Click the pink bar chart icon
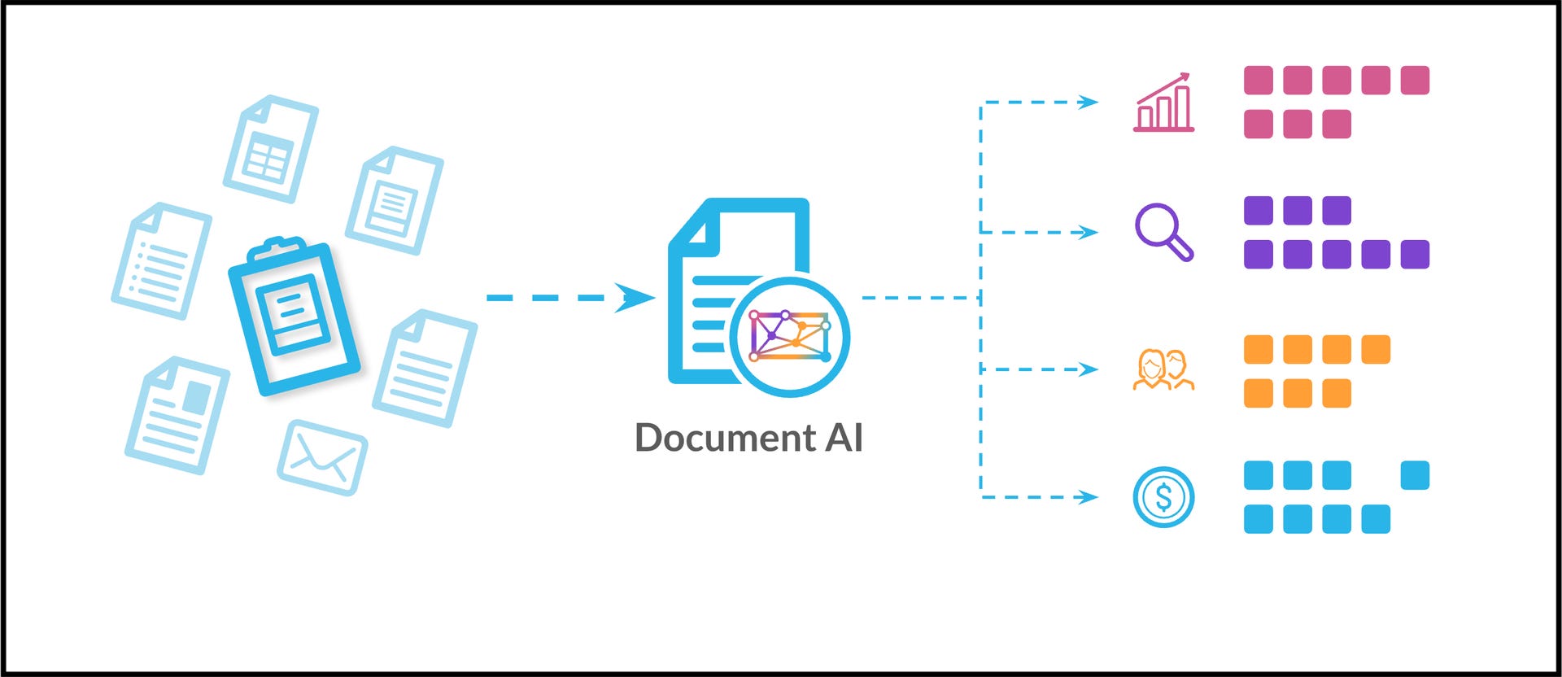point(1164,103)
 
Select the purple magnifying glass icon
point(1163,231)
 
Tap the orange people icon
point(1163,370)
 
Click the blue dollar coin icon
point(1163,496)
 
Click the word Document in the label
point(725,438)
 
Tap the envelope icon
point(322,457)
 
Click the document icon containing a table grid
point(270,149)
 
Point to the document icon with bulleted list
point(161,260)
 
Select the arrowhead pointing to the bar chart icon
point(1088,103)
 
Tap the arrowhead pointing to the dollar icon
point(1088,496)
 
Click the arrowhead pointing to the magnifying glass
point(1088,232)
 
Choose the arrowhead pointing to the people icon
point(1088,369)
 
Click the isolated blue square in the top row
point(1415,475)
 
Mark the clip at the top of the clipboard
point(277,247)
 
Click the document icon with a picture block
point(177,415)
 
